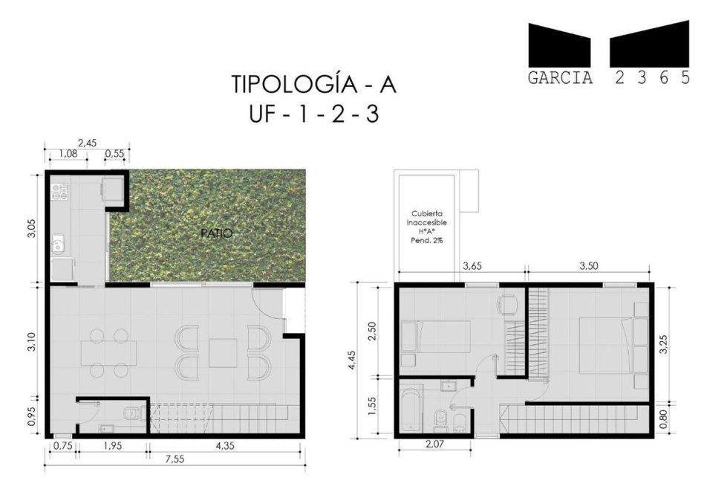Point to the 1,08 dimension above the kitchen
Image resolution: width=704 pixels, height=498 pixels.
click(69, 153)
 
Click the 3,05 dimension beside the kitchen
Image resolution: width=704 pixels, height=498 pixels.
click(31, 228)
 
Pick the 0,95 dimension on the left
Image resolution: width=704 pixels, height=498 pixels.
click(31, 417)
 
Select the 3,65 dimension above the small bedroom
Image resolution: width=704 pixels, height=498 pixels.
click(472, 265)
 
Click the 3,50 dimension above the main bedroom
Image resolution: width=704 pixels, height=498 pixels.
click(589, 265)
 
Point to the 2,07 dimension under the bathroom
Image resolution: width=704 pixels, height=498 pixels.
click(434, 444)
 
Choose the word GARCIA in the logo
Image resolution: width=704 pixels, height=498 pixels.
click(561, 78)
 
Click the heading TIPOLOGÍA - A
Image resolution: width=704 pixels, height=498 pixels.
click(314, 85)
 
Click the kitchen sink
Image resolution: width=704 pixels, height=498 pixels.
click(58, 245)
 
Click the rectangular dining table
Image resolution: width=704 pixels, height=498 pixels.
click(108, 353)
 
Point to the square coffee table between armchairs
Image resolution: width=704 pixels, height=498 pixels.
click(223, 352)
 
